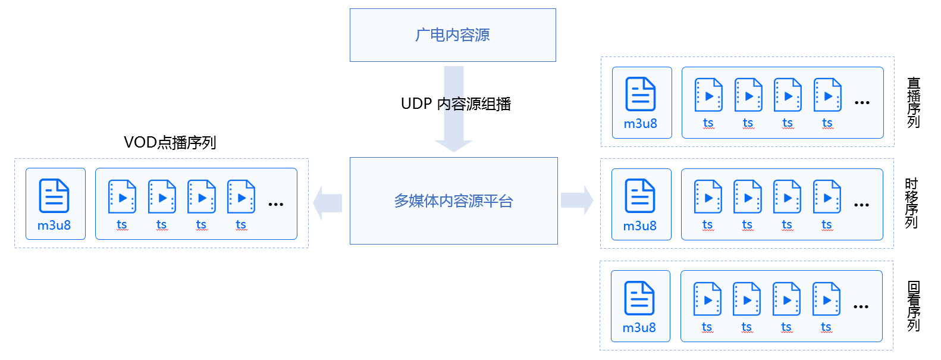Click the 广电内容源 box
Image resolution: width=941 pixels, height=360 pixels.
click(453, 35)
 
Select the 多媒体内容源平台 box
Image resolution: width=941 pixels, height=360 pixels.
click(454, 201)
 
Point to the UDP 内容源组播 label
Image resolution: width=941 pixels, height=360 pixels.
click(456, 104)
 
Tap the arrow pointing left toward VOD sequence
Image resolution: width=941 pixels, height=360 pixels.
click(328, 204)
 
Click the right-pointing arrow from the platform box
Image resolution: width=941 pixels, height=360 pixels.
click(577, 200)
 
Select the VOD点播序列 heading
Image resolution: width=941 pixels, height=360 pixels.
click(170, 143)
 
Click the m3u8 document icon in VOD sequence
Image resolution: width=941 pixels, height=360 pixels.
click(54, 196)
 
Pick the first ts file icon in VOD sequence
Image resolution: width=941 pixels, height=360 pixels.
click(123, 196)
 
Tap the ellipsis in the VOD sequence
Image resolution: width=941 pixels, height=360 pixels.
click(275, 205)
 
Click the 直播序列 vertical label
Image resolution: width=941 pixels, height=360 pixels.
click(914, 102)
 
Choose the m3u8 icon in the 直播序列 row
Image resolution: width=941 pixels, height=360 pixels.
click(641, 94)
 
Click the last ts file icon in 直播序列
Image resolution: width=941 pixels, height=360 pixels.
click(827, 95)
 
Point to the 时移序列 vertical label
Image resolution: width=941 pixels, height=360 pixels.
click(912, 203)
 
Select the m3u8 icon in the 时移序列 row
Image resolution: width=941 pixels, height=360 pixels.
click(640, 196)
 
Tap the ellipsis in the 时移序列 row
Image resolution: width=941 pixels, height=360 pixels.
click(862, 205)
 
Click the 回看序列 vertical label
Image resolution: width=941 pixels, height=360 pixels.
click(913, 306)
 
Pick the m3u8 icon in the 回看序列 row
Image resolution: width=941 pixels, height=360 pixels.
click(639, 298)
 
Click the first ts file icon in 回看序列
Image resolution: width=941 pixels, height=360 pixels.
click(707, 299)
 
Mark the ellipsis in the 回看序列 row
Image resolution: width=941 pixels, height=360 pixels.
click(861, 306)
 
